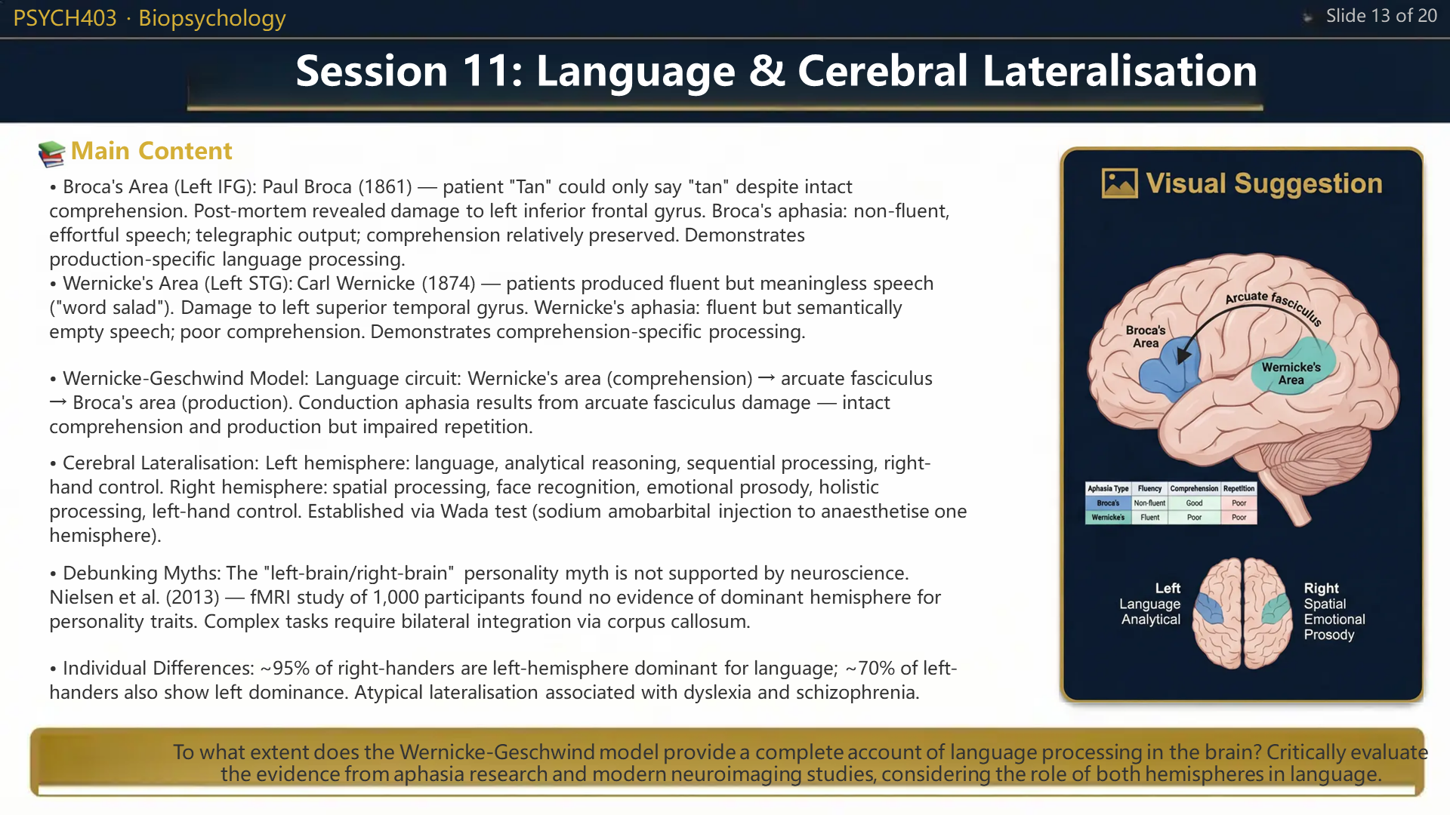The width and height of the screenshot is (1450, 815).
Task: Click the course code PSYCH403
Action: pyautogui.click(x=65, y=18)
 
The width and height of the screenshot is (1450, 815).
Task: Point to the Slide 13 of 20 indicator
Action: pyautogui.click(x=1381, y=16)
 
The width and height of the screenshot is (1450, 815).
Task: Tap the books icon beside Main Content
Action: pyautogui.click(x=51, y=153)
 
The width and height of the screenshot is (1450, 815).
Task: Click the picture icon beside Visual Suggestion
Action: pyautogui.click(x=1119, y=183)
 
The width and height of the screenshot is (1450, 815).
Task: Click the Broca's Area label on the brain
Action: pyautogui.click(x=1146, y=337)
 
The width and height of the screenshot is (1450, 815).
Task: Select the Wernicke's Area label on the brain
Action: pyautogui.click(x=1291, y=374)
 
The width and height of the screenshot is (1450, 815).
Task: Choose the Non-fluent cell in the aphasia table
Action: pyautogui.click(x=1149, y=503)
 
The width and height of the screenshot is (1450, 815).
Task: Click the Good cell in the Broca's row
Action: pyautogui.click(x=1194, y=503)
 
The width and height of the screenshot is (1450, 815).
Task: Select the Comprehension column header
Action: pyautogui.click(x=1194, y=489)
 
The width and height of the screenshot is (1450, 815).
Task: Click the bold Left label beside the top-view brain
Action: pyautogui.click(x=1168, y=588)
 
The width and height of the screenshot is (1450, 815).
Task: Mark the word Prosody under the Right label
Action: pyautogui.click(x=1329, y=635)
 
